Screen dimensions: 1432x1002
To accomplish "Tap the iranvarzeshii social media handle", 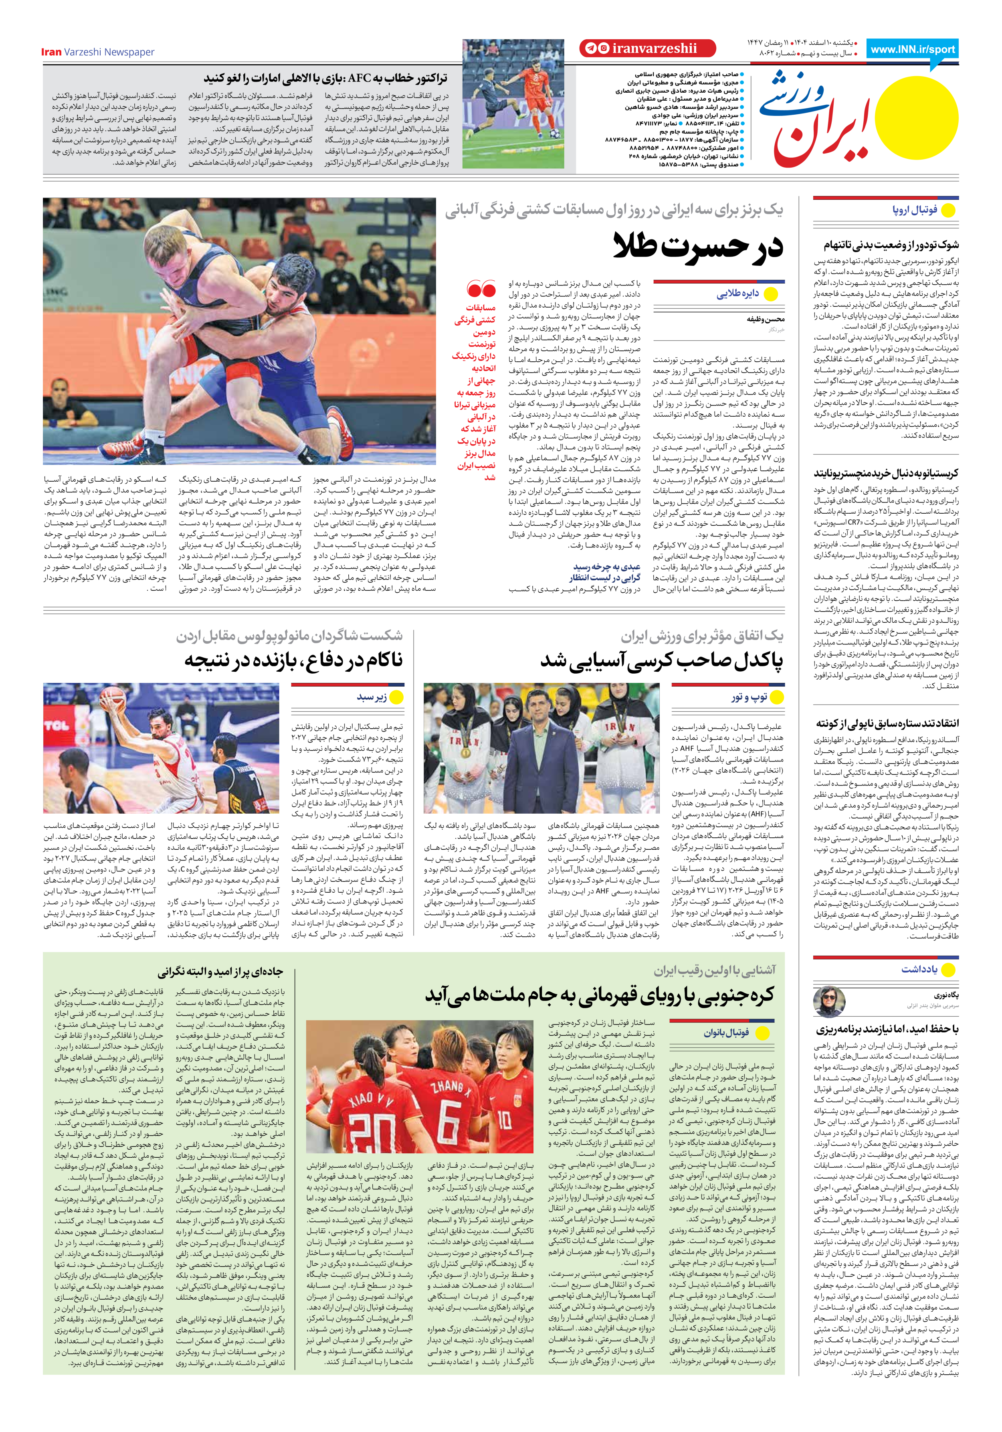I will [654, 49].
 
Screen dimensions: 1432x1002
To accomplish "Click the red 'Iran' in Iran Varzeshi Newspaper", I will [51, 52].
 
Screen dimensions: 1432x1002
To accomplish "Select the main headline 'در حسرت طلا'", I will [698, 246].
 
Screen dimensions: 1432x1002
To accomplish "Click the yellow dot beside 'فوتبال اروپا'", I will [948, 211].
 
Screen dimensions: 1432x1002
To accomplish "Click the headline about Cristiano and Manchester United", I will [885, 473].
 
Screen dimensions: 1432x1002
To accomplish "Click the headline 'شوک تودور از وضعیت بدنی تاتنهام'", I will [891, 245].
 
